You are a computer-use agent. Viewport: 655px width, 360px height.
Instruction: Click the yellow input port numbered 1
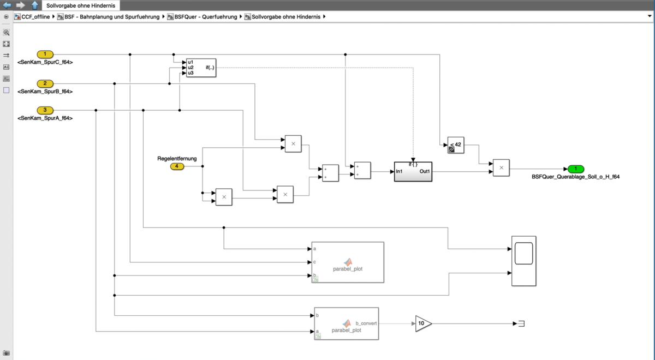click(x=45, y=54)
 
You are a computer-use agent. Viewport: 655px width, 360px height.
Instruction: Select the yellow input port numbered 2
click(x=45, y=83)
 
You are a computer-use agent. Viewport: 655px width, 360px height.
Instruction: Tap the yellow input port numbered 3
click(x=45, y=110)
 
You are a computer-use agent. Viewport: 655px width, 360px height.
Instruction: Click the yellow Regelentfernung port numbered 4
click(x=177, y=166)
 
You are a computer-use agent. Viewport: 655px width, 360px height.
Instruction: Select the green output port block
click(x=575, y=169)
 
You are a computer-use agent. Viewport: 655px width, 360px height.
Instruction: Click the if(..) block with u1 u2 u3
click(x=201, y=68)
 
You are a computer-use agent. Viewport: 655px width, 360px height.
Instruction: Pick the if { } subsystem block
click(x=413, y=171)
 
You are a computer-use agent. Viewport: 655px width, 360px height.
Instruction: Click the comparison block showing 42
click(x=456, y=145)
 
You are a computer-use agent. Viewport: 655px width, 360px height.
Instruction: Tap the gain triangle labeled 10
click(x=422, y=323)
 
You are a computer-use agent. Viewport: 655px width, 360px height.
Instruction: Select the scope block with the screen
click(x=523, y=261)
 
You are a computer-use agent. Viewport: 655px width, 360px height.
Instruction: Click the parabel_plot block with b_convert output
click(x=346, y=323)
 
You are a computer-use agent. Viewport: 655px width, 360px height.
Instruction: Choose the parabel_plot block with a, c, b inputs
click(x=347, y=262)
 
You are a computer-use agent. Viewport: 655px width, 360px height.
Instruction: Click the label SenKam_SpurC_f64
click(x=45, y=62)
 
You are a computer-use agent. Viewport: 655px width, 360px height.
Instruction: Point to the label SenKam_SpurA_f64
click(x=45, y=118)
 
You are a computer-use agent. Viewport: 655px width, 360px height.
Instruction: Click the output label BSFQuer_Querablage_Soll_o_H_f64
click(x=575, y=177)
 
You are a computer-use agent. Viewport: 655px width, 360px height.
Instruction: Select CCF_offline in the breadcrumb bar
click(x=35, y=17)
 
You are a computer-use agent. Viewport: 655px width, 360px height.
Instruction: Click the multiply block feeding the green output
click(x=501, y=168)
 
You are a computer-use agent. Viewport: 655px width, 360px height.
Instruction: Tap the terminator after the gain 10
click(x=521, y=323)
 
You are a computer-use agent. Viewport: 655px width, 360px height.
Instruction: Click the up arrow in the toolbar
click(x=35, y=5)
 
